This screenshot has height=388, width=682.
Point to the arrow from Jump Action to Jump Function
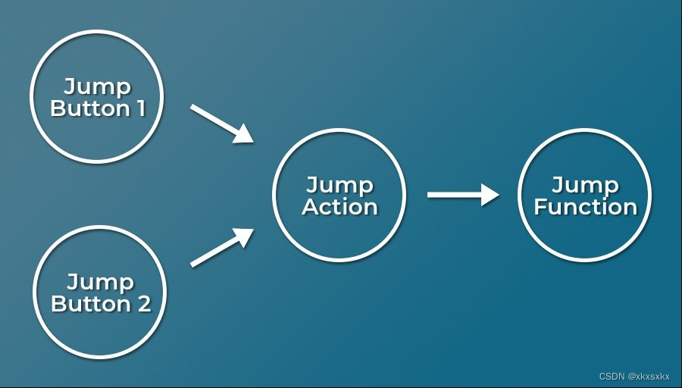pyautogui.click(x=462, y=195)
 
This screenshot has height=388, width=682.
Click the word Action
pyautogui.click(x=339, y=207)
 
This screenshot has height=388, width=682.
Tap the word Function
pyautogui.click(x=586, y=207)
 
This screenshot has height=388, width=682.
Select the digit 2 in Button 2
pyautogui.click(x=143, y=304)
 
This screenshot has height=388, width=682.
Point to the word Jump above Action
pyautogui.click(x=339, y=185)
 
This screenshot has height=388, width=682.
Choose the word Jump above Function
pyautogui.click(x=586, y=185)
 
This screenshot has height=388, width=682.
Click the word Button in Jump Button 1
pyautogui.click(x=89, y=108)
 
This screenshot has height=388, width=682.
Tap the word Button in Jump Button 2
pyautogui.click(x=91, y=304)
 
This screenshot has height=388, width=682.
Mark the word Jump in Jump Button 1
pyautogui.click(x=98, y=86)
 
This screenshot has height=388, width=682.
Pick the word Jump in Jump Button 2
pyautogui.click(x=101, y=282)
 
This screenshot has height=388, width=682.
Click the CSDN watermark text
pyautogui.click(x=611, y=376)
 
